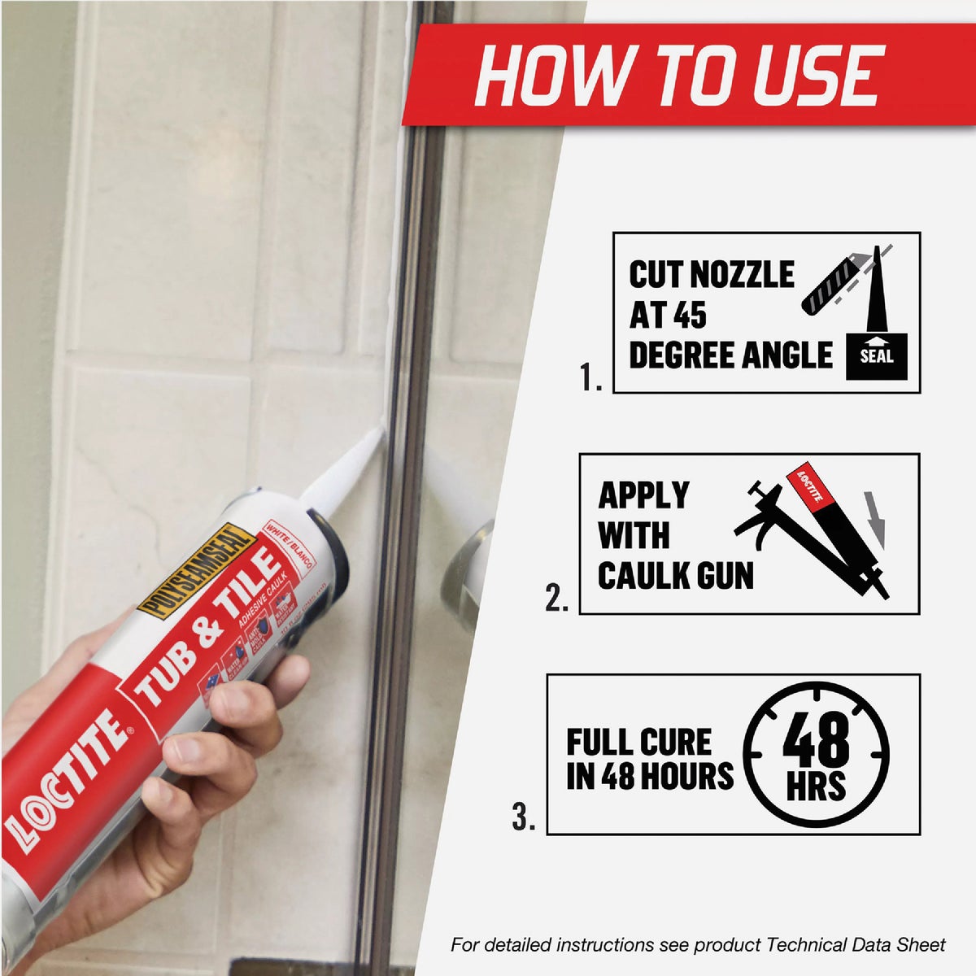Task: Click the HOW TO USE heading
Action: pos(678,76)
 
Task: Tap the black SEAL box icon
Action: pos(876,355)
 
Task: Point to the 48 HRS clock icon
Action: pos(816,754)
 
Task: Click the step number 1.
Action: pos(590,377)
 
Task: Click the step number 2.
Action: pos(556,599)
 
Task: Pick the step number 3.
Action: pos(524,817)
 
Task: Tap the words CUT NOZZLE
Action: pos(711,275)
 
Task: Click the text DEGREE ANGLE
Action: pos(730,355)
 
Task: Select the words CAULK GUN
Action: pos(675,576)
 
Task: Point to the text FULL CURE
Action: pos(638,742)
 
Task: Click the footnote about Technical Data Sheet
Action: pos(698,945)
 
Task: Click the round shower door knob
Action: pos(468,569)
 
